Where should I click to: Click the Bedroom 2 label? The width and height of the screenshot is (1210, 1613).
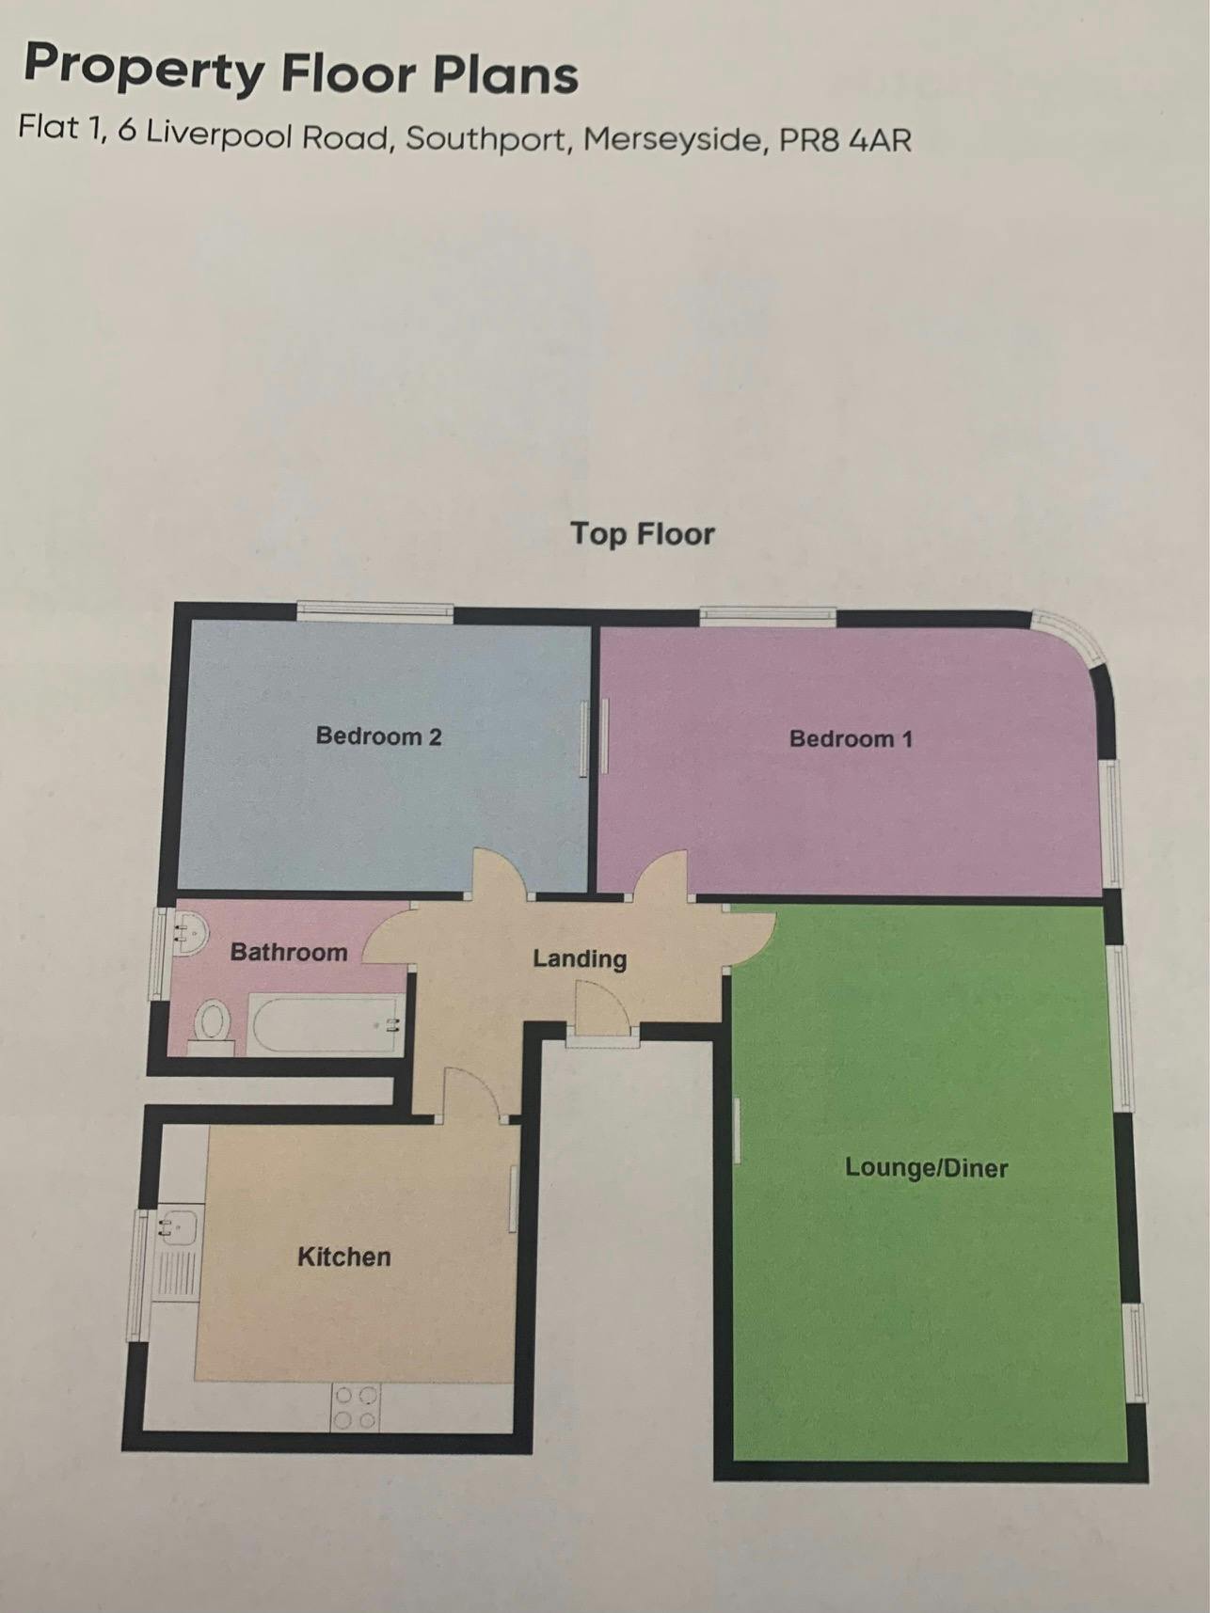coord(378,735)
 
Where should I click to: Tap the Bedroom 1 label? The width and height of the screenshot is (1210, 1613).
coord(851,738)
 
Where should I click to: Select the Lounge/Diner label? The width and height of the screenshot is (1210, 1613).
coord(926,1167)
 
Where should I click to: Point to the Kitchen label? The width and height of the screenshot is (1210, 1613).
coord(343,1257)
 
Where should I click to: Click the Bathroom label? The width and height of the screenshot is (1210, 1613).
coord(289,952)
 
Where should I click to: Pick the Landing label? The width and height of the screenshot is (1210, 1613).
coord(580,958)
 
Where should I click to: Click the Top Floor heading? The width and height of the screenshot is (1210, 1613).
coord(643,533)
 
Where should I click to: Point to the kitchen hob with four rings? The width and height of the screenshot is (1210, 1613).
coord(355,1407)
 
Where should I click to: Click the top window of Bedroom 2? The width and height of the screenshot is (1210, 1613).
coord(375,611)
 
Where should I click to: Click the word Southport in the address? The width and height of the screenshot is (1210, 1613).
coord(486,138)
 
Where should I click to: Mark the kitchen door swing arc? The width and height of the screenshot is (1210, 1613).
coord(476,1091)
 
